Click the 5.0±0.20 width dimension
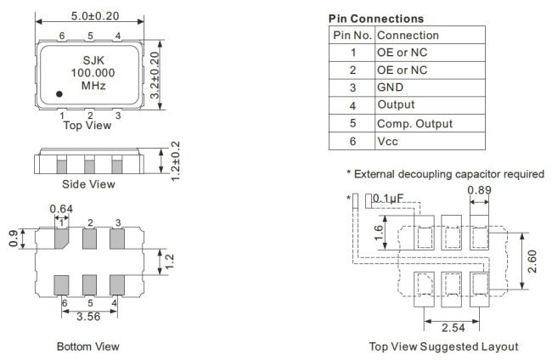coord(95,16)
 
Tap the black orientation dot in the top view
coord(59,94)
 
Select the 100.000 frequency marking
coord(93,73)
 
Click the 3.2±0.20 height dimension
coord(155,75)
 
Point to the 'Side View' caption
coord(88,184)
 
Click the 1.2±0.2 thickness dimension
coord(175,161)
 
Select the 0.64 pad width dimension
coord(61,209)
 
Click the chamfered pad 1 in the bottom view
coord(61,239)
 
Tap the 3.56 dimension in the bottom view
coord(88,317)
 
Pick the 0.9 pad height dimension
coord(14,239)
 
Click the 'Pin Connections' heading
coord(376,19)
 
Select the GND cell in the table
coord(390,87)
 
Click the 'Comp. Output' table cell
coord(414,123)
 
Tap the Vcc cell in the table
coord(387,141)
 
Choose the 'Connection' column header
coord(408,35)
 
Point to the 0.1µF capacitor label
coord(387,199)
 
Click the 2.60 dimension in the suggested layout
coord(532,262)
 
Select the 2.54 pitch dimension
coord(453,328)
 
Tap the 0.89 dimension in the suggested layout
coord(479,190)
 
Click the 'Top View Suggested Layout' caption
coord(443,346)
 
